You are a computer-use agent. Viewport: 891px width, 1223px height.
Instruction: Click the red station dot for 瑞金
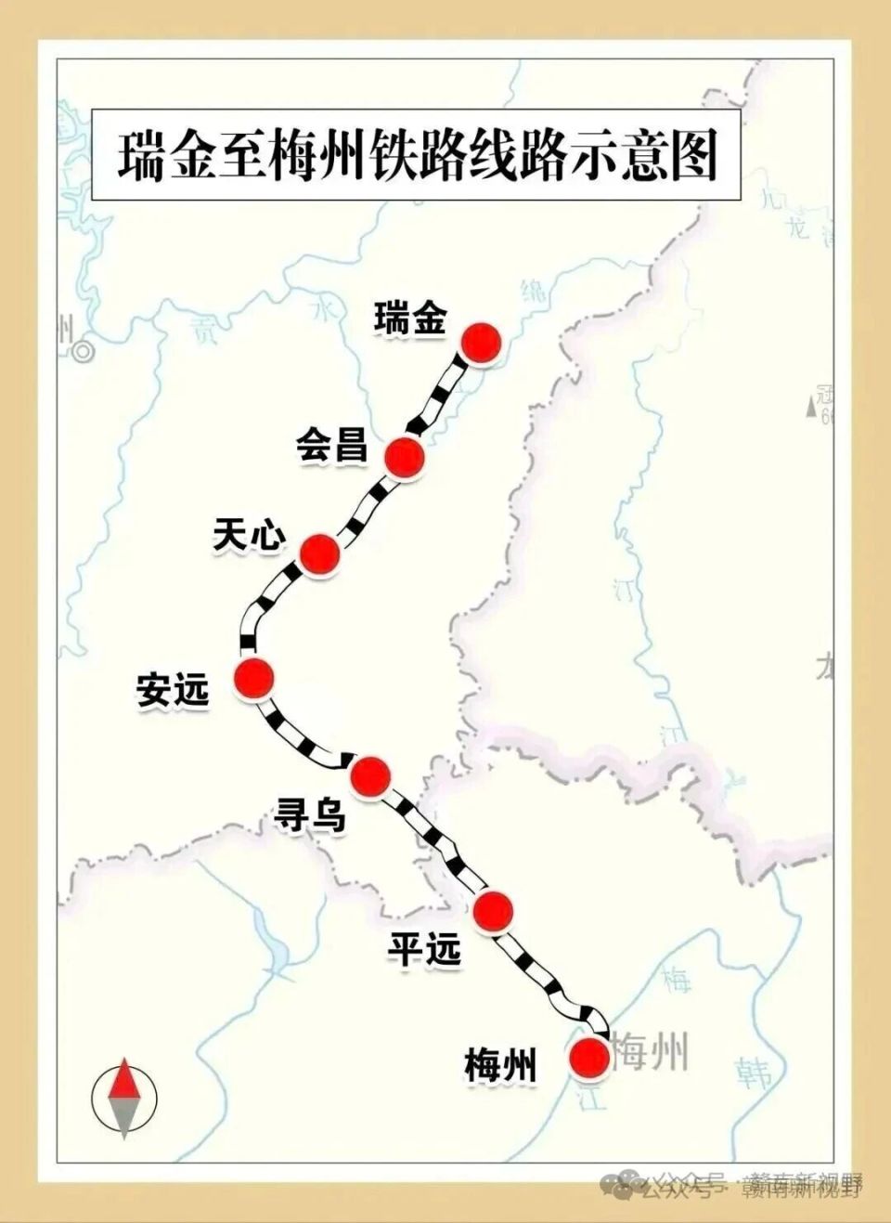(481, 343)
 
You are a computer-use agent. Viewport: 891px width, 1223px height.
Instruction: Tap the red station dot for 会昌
(404, 456)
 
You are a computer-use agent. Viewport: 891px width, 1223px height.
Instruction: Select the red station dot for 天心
(319, 553)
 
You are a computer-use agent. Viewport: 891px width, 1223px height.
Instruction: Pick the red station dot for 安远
(254, 678)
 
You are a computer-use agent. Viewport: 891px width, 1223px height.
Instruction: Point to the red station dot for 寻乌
(369, 775)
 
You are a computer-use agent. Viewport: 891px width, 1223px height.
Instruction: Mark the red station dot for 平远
(492, 910)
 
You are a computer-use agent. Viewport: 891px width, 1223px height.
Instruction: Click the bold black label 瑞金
(410, 319)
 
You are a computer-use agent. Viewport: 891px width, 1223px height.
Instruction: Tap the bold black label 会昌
(332, 445)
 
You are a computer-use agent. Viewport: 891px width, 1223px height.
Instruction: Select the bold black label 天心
(249, 536)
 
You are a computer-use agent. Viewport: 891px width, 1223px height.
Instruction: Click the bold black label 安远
(173, 690)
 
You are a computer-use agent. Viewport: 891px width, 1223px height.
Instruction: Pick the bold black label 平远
(424, 949)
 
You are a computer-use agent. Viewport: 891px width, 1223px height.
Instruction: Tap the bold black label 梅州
(500, 1065)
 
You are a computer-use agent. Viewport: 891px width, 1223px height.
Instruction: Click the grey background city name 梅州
(652, 1052)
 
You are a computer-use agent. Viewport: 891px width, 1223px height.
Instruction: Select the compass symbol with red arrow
(124, 1099)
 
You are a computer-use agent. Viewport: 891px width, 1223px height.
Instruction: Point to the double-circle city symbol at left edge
(84, 352)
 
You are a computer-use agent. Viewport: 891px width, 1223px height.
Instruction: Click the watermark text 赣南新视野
(802, 1188)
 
